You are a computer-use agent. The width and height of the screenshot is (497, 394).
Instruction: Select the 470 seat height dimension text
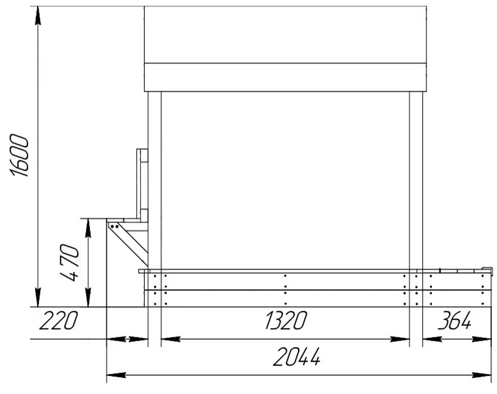[69, 263]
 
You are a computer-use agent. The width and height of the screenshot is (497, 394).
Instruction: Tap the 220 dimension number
[58, 320]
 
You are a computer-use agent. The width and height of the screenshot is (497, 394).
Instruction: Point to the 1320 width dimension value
[286, 320]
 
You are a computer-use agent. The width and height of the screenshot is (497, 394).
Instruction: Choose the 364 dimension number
[454, 320]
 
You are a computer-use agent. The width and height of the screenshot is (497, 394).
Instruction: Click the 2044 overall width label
[297, 357]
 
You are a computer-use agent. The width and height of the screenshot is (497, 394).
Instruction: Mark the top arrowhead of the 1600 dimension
[38, 15]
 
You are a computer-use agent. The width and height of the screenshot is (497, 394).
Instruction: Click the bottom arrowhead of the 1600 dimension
[38, 298]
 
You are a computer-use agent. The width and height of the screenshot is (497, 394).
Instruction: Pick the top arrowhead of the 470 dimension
[88, 228]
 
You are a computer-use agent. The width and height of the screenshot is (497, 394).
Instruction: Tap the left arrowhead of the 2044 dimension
[116, 375]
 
